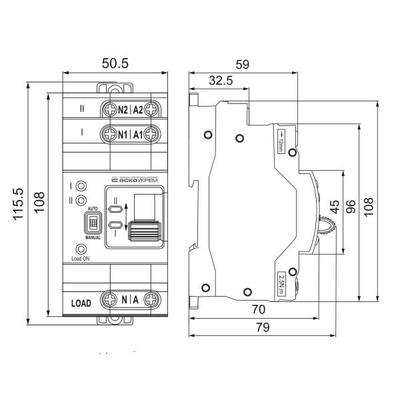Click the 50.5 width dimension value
click(114, 63)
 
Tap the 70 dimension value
click(259, 309)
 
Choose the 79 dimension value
click(263, 327)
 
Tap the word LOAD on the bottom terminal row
click(81, 302)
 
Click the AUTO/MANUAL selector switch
click(93, 222)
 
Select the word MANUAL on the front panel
click(93, 237)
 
